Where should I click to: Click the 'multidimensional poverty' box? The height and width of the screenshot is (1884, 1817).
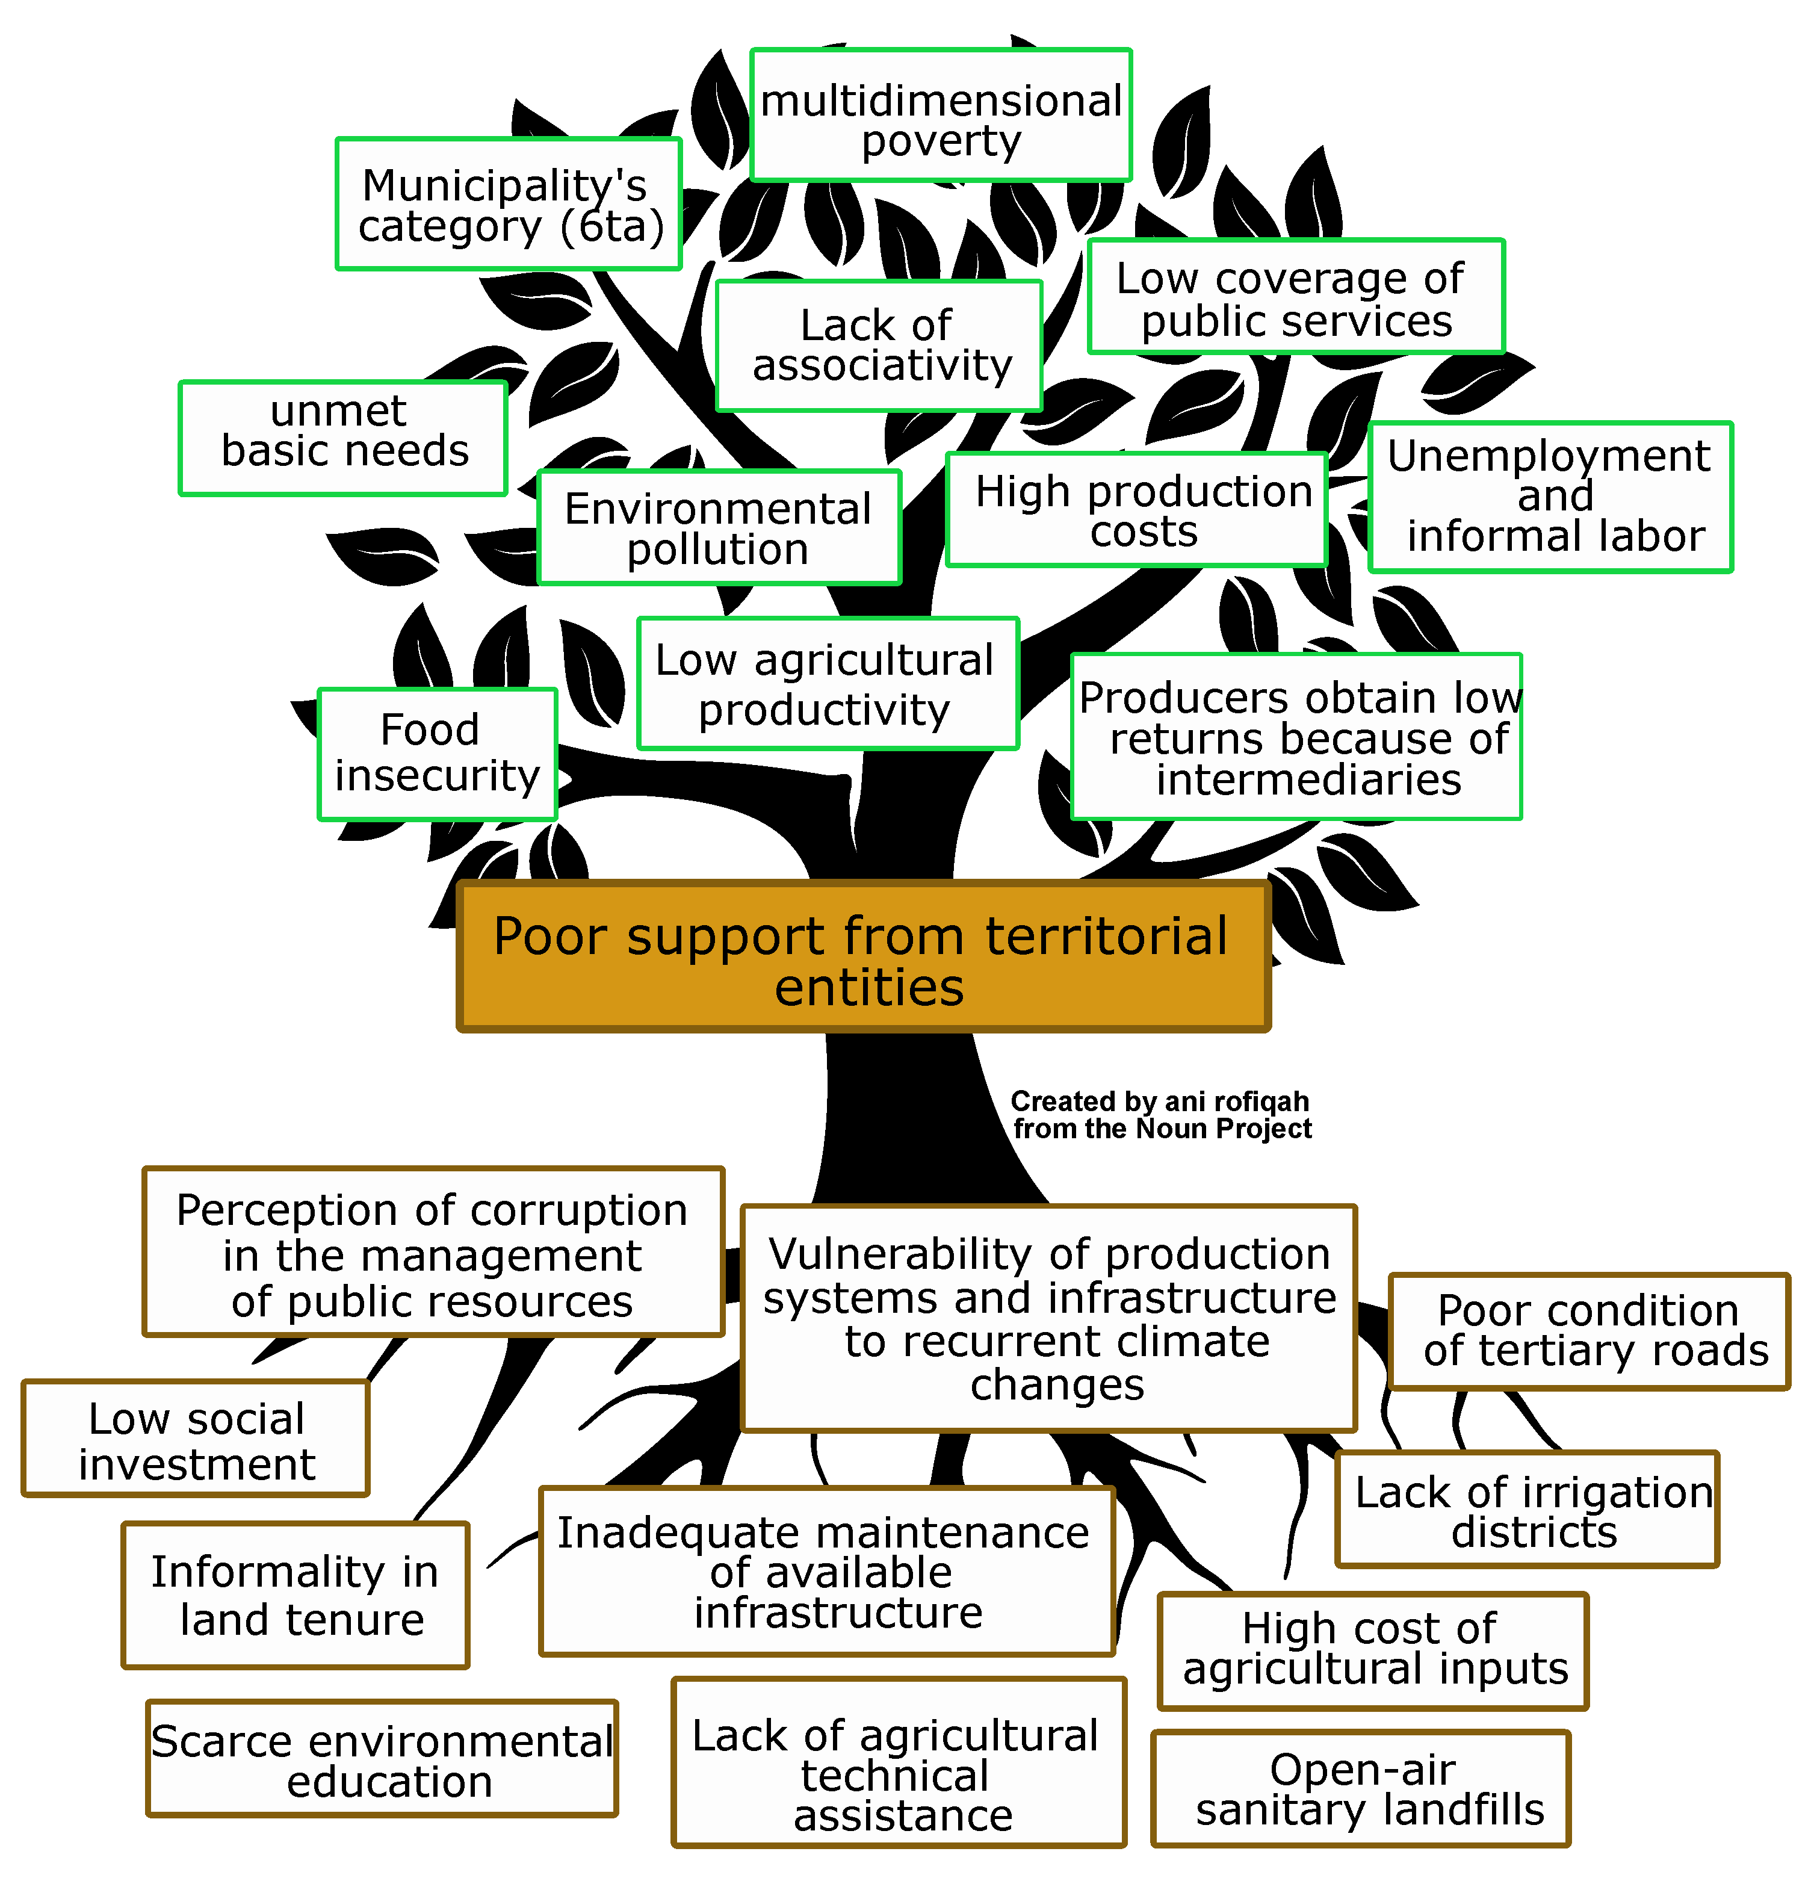point(940,116)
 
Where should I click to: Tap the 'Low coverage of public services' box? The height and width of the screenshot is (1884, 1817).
point(1295,297)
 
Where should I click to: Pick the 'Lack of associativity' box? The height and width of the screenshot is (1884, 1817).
point(879,346)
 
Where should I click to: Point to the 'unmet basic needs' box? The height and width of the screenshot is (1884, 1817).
point(343,438)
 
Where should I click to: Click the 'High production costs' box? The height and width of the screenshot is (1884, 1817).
point(1136,510)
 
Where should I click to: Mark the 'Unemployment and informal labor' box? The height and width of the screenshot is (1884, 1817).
point(1550,497)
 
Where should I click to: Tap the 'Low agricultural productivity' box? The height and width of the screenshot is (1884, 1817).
point(828,683)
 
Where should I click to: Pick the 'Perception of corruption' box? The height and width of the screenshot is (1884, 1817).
point(433,1253)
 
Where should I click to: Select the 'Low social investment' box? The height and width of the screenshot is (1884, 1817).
point(196,1439)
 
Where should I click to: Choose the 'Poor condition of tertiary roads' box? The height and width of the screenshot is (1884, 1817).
point(1589,1332)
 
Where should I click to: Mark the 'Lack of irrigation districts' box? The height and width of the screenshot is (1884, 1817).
point(1527,1510)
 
